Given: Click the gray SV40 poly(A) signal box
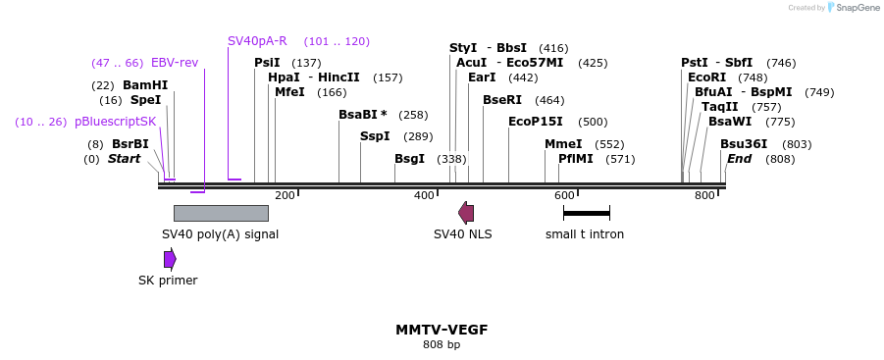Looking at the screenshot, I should click(x=221, y=213).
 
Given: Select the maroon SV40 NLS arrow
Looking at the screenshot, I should click(x=466, y=213).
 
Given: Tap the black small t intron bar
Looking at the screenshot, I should click(x=587, y=213).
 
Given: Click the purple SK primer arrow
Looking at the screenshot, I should click(x=170, y=259).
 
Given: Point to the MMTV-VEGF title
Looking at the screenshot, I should click(x=442, y=330).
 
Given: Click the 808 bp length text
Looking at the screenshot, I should click(x=442, y=344).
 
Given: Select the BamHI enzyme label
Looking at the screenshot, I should click(x=145, y=85).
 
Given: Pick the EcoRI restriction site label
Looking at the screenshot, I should click(x=707, y=77).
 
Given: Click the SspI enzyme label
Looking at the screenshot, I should click(x=375, y=136).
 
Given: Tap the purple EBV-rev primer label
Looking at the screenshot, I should click(x=175, y=63).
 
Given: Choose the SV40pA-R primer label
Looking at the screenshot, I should click(x=257, y=41).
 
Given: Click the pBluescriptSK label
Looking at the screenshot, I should click(x=116, y=122).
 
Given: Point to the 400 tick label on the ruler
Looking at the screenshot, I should click(x=424, y=196).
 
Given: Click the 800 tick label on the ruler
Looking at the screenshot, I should click(x=704, y=196).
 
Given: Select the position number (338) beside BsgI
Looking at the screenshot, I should click(x=452, y=159).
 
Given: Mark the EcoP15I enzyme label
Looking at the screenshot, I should click(x=536, y=122).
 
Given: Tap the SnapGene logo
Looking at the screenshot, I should click(x=853, y=8).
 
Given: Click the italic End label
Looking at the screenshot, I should click(x=739, y=159).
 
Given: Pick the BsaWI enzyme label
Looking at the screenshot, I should click(x=730, y=122).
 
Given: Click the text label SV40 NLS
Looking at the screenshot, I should click(x=463, y=234).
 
